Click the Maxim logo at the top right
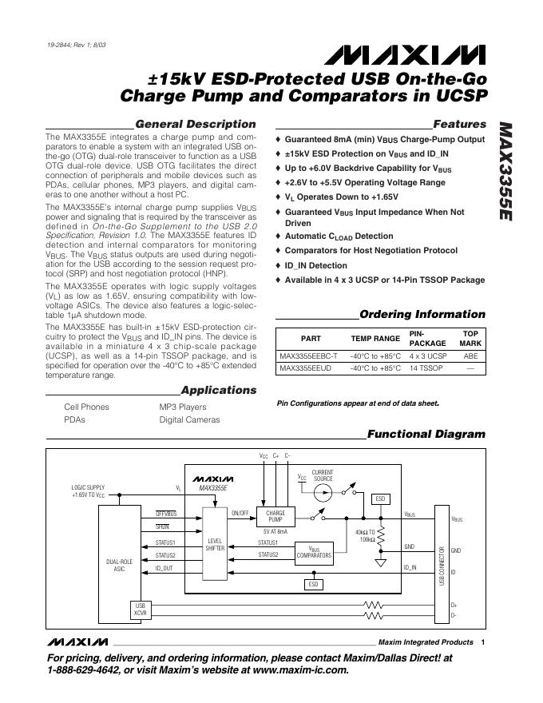tap(403, 54)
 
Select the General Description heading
tap(196, 125)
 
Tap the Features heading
tap(459, 125)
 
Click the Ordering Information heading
tap(422, 314)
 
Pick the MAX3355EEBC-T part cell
tap(309, 355)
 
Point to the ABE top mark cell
tap(470, 355)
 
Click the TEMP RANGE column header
tap(375, 339)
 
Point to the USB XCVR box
tap(141, 610)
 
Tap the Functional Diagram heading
tap(426, 434)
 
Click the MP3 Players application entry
tap(182, 407)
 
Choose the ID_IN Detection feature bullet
tap(315, 265)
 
